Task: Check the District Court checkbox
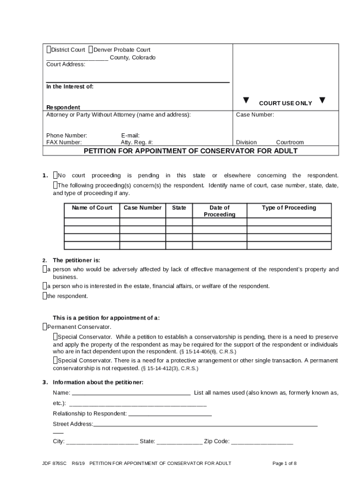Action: click(x=48, y=50)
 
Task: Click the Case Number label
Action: click(x=255, y=115)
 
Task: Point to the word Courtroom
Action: click(x=289, y=142)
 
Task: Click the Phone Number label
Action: click(x=66, y=136)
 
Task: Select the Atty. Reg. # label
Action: click(x=137, y=142)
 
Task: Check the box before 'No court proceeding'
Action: click(x=55, y=175)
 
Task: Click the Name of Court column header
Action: click(x=92, y=208)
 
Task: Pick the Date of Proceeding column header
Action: click(x=219, y=211)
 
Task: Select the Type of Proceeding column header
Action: click(x=288, y=208)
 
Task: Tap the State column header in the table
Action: click(x=179, y=208)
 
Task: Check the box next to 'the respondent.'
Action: click(x=44, y=296)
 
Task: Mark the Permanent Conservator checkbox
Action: click(x=44, y=327)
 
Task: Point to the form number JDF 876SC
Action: click(x=54, y=464)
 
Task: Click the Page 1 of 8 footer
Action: click(x=284, y=464)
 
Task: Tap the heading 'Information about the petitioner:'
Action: click(x=98, y=382)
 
